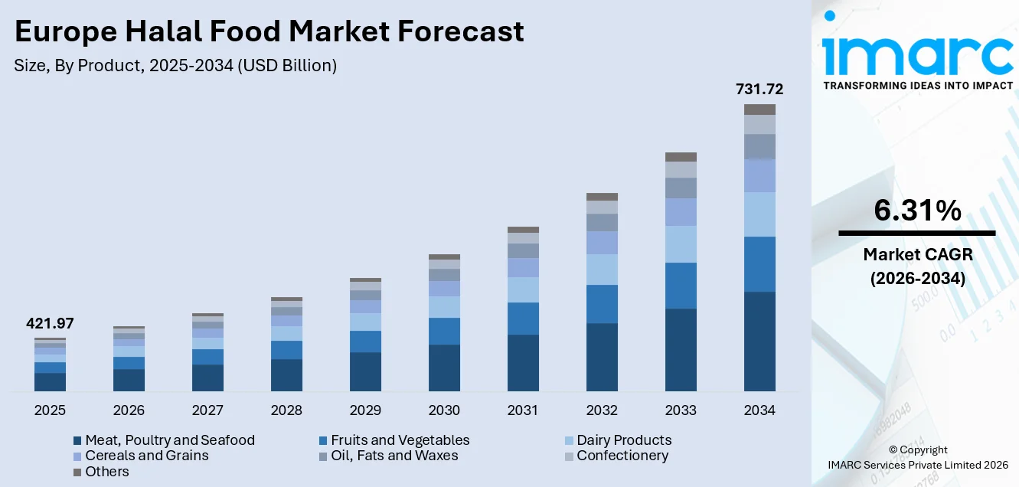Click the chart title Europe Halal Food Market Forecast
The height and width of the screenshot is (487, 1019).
269,32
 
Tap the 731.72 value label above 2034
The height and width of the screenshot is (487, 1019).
759,90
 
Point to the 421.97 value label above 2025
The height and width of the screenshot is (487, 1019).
50,324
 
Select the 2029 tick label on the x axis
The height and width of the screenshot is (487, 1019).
365,410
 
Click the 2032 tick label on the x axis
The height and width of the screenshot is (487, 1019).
602,410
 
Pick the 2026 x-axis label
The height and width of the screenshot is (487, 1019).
129,410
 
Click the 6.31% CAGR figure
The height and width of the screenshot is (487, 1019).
916,210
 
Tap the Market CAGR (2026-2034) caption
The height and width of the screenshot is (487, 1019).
917,266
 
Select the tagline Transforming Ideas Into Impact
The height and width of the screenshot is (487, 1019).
917,86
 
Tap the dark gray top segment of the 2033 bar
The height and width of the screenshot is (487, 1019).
681,157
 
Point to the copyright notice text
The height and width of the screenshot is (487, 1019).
918,457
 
